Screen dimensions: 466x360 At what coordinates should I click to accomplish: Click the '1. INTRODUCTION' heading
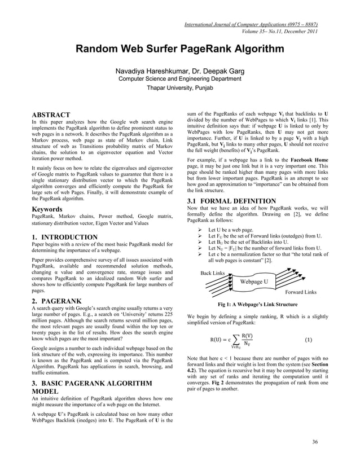65,237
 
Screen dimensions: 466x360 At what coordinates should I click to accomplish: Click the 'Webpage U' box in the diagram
253,281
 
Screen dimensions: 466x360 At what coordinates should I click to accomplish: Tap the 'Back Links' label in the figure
213,273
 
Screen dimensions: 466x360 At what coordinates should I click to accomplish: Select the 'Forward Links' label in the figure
301,292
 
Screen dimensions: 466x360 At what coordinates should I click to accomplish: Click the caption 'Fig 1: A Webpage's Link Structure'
257,305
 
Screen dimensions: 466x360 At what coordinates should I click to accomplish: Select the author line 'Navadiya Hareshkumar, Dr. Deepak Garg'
180,72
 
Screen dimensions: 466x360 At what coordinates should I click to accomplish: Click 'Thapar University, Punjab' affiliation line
180,89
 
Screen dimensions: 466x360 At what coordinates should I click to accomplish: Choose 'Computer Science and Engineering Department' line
180,80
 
